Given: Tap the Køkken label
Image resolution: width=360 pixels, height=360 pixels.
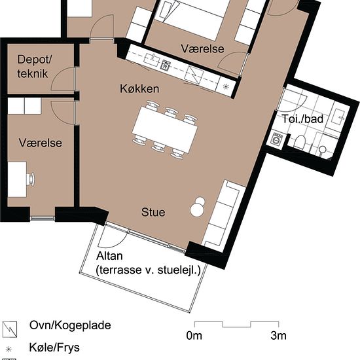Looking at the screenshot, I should pos(140,88).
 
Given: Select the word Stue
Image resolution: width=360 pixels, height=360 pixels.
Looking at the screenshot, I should pos(153,213).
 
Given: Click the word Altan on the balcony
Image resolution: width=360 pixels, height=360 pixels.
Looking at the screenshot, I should pos(109,255).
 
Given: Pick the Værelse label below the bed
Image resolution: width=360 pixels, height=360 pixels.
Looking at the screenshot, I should pos(203,49).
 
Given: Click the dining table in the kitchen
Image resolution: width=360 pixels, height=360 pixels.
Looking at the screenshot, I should pos(166,130).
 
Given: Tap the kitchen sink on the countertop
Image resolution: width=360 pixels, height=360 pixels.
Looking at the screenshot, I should pos(152,62).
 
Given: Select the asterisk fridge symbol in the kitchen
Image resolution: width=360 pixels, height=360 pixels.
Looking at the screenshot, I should pos(226,86).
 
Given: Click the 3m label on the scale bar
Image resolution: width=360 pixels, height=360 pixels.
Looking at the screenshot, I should pos(279,336).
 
